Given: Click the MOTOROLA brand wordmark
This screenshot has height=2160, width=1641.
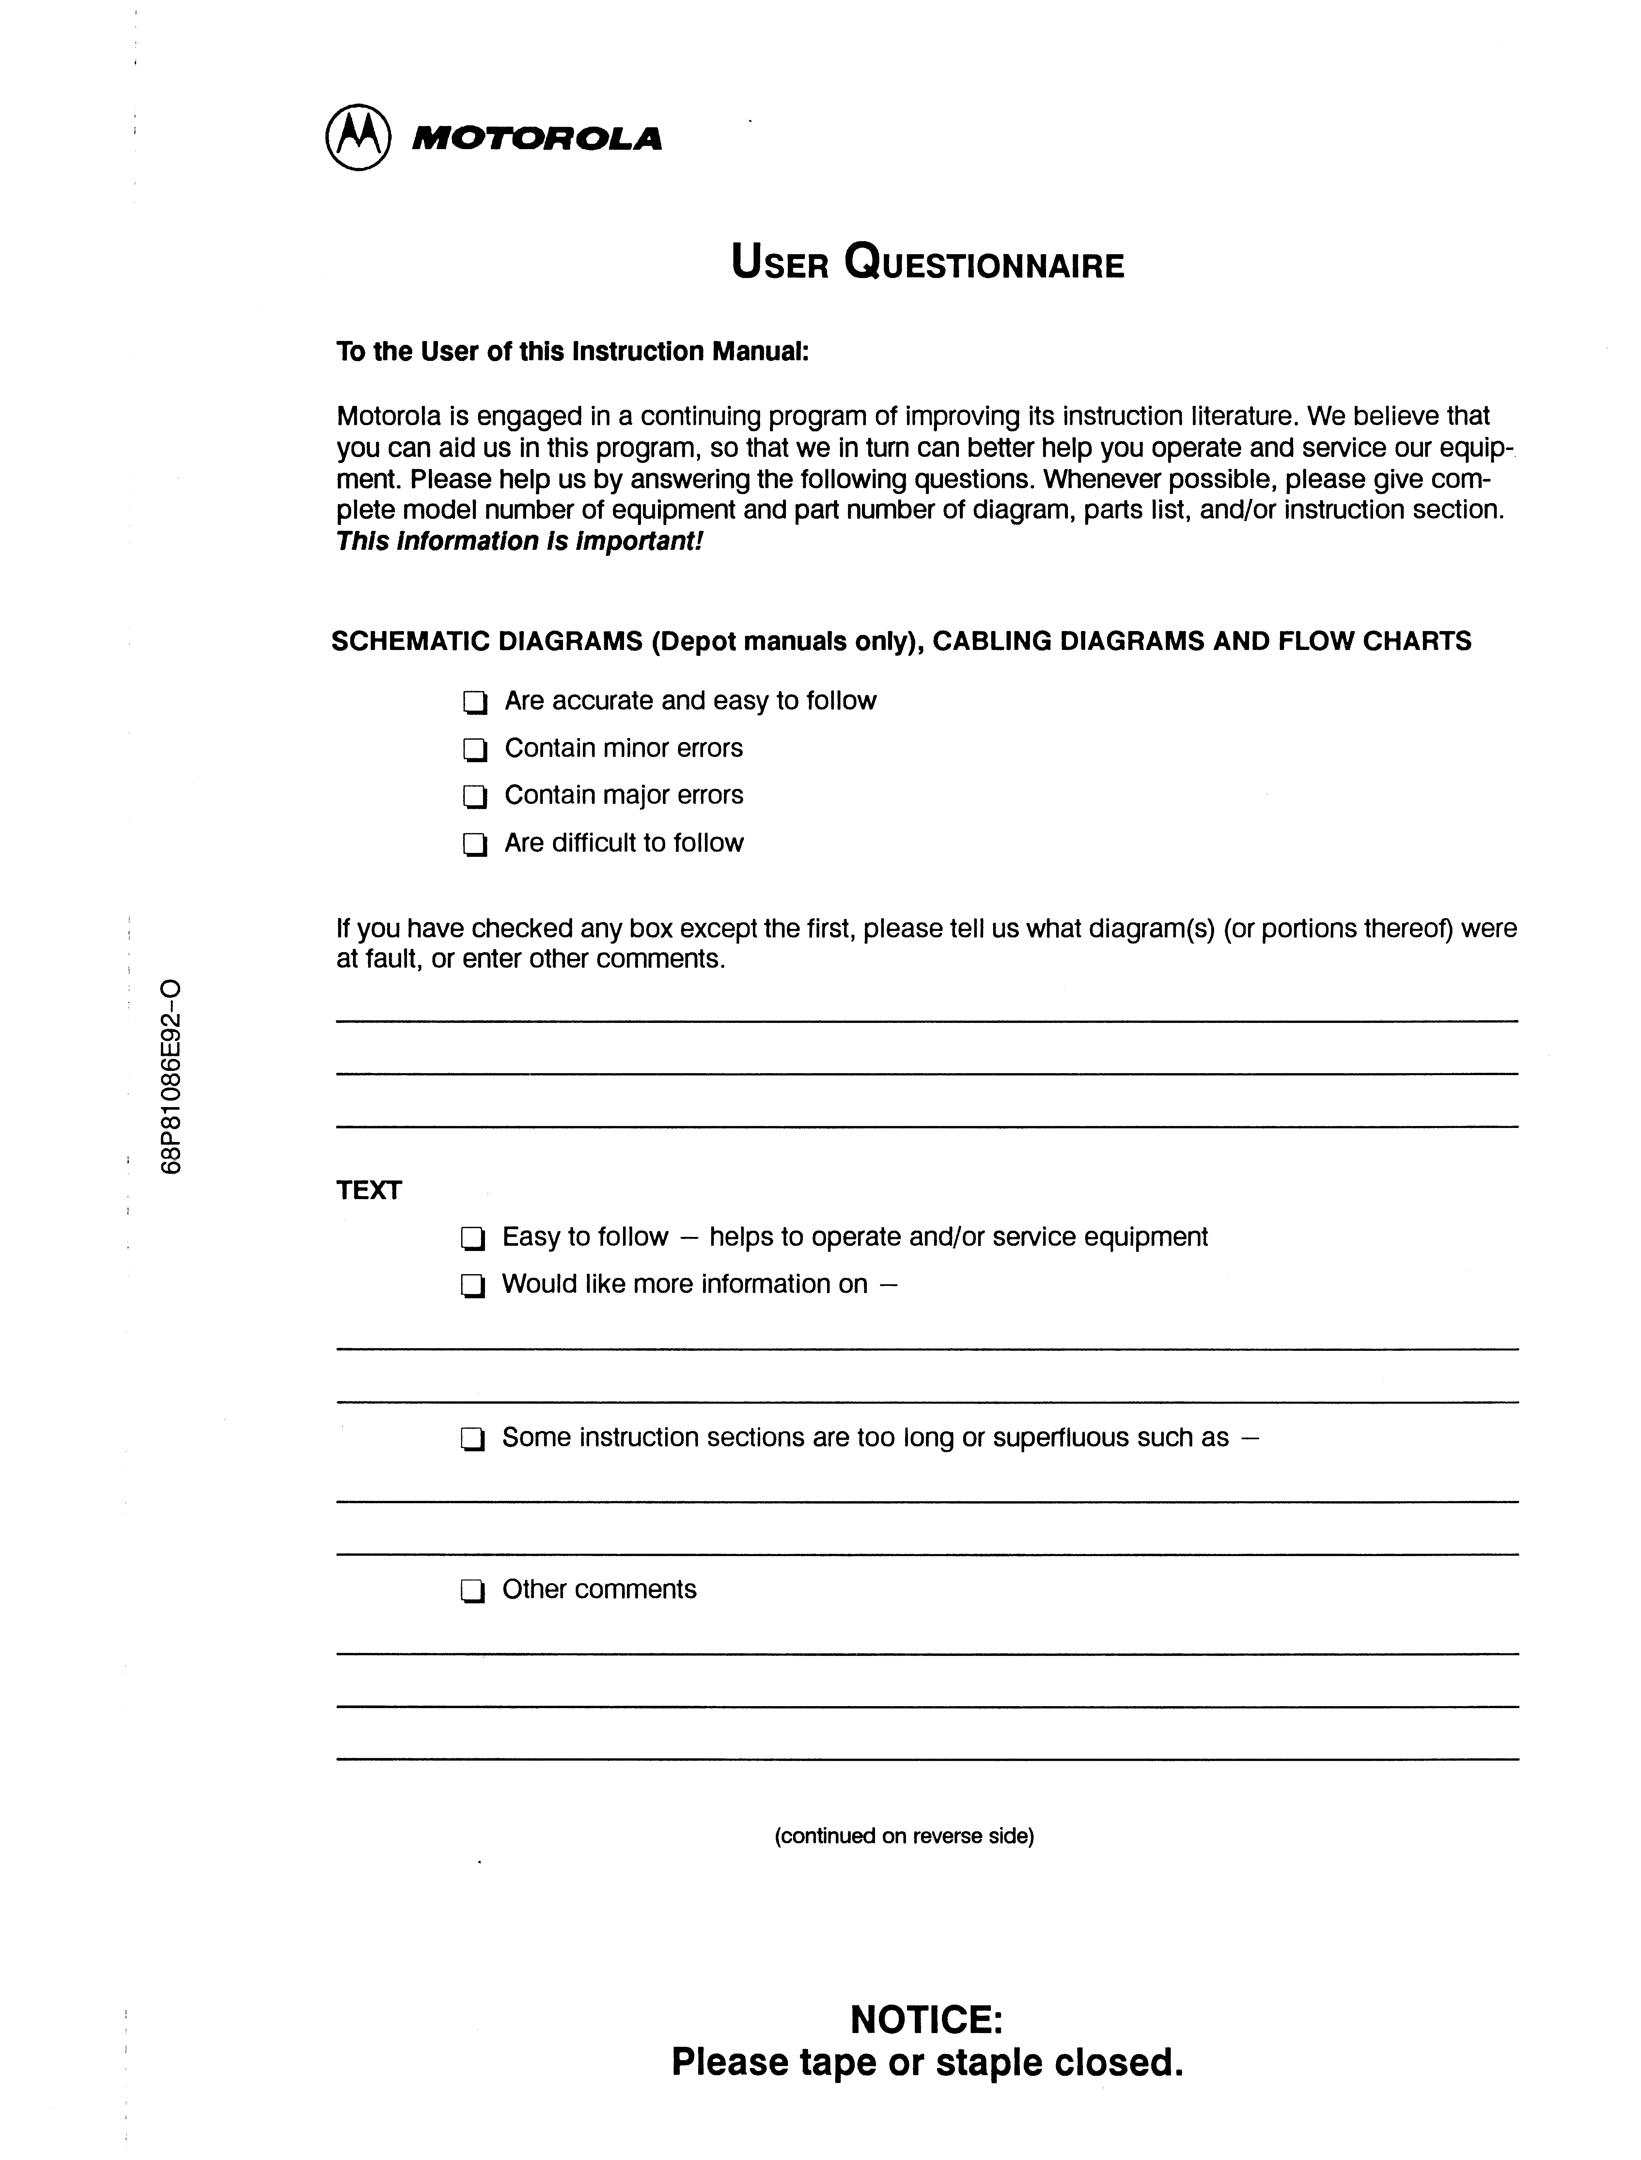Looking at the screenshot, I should coord(536,140).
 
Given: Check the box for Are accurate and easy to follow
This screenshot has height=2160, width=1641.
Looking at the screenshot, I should coord(475,702).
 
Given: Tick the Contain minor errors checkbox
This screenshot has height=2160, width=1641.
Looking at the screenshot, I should coord(475,750).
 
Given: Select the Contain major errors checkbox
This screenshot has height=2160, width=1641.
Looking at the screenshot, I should coord(475,797).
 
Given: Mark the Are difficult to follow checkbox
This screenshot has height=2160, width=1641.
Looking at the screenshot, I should coord(475,844).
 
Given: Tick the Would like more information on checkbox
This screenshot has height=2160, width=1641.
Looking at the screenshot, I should coord(473,1286).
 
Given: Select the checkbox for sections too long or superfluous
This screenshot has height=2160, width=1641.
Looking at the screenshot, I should coord(473,1439).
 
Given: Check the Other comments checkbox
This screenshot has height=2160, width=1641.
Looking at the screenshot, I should coord(473,1592).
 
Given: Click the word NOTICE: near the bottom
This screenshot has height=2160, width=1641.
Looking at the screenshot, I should coord(926,2018).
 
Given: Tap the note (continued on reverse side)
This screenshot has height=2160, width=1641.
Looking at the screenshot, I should coord(903,1836).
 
